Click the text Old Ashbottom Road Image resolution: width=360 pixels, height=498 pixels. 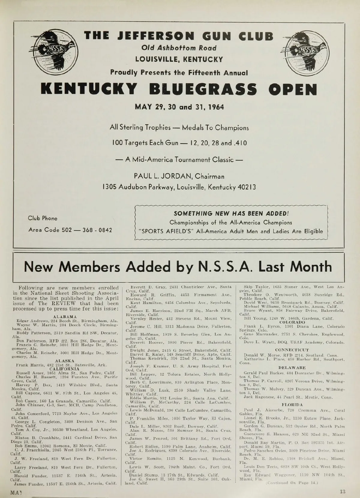(x=179, y=48)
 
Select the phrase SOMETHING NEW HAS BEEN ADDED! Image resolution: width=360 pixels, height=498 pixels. (x=231, y=214)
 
